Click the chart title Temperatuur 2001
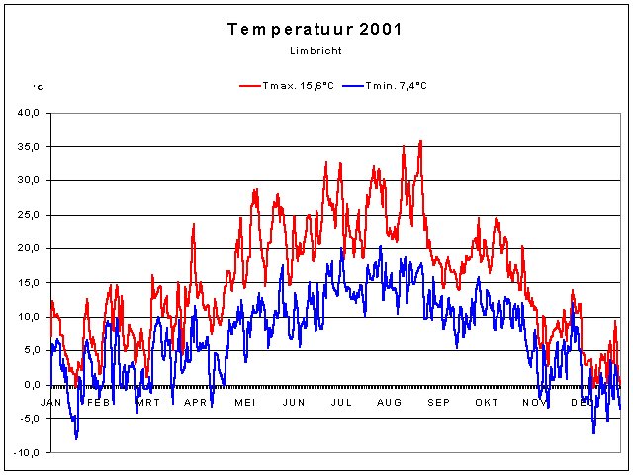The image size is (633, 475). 315,29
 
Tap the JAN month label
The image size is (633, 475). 51,402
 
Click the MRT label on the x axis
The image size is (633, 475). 147,402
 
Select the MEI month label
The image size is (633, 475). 244,402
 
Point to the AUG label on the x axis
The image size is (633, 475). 389,402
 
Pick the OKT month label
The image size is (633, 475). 486,402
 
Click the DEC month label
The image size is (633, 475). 582,402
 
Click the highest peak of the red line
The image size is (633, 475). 420,141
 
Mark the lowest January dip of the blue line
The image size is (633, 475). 76,437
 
